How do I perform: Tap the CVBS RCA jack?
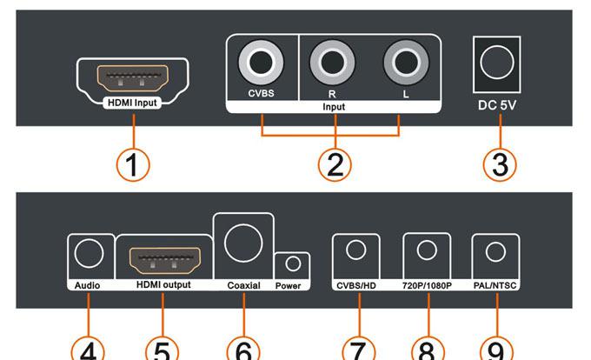(262, 62)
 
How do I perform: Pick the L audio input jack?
(404, 62)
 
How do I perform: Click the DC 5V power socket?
(498, 63)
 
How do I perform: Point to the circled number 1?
(133, 163)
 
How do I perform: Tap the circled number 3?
(499, 163)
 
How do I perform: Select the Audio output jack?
(90, 253)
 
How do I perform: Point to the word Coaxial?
(243, 285)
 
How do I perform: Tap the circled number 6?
(244, 350)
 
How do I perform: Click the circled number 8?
(426, 350)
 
